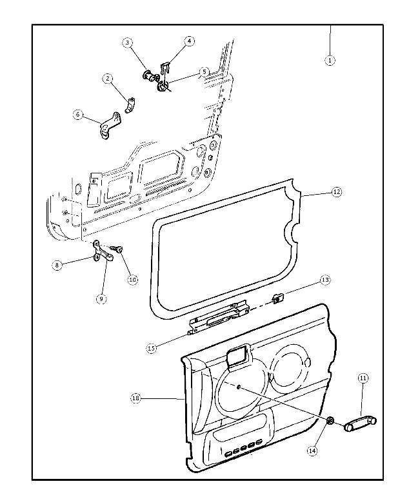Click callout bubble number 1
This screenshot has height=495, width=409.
coord(330,60)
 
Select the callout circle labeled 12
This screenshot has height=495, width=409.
coord(336,192)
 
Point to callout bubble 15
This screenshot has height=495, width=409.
coord(151,349)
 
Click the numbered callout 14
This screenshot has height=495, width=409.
coord(312,451)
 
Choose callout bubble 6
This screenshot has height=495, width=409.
coord(79,115)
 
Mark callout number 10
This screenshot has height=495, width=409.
coord(132,280)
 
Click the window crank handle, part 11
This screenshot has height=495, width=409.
coord(361,423)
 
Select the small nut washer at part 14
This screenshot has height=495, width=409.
coord(329,422)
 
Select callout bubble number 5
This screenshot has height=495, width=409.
coord(204,72)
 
